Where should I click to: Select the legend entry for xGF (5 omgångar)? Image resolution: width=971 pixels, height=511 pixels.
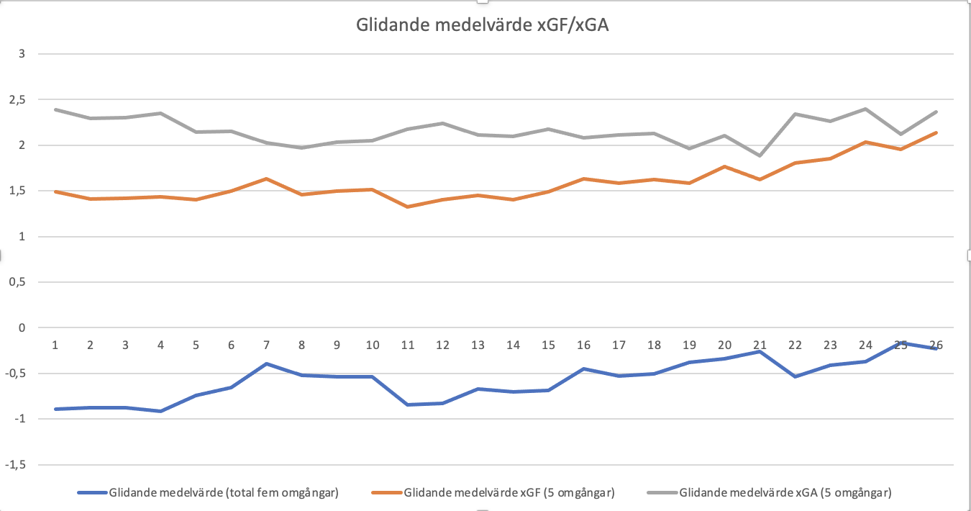[509, 493]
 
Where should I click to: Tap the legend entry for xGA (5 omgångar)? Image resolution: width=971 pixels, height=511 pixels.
[785, 493]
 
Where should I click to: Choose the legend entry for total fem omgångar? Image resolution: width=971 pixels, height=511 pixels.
[224, 493]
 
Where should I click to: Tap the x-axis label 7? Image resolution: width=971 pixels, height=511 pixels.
[266, 345]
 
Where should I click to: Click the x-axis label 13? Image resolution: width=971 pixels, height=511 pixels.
[478, 345]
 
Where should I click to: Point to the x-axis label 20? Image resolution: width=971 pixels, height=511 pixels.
[724, 345]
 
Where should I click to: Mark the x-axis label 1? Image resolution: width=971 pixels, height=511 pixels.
[55, 345]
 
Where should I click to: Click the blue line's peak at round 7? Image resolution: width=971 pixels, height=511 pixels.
[266, 363]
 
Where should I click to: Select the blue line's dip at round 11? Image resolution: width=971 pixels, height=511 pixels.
[407, 404]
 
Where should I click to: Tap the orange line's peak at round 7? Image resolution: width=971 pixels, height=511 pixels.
[266, 178]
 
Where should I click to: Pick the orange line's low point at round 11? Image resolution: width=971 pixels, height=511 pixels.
[407, 207]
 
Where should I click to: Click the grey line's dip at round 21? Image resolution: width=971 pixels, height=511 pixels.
[760, 155]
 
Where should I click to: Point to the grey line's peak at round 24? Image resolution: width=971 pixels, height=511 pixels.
[865, 109]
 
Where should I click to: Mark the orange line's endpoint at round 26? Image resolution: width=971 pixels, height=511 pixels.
[936, 132]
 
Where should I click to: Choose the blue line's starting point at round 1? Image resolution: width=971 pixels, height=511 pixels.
[55, 409]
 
